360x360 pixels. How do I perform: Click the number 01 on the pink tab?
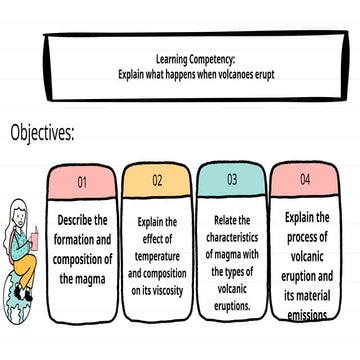[83, 182]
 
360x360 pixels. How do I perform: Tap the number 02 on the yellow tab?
[157, 181]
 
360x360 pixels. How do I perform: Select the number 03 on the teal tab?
[231, 180]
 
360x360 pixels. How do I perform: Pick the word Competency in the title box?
[214, 60]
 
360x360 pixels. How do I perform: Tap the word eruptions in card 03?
[233, 305]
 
